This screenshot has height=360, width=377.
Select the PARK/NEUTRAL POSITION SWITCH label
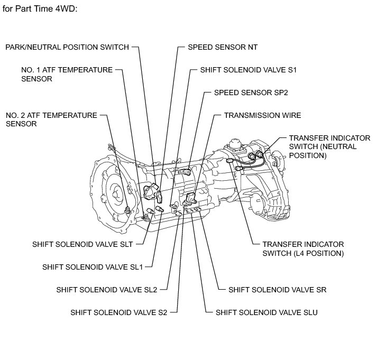tap(67, 47)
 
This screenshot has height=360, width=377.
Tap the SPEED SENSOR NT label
tap(223, 47)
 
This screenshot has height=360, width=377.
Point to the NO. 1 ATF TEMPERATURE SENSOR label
tap(67, 74)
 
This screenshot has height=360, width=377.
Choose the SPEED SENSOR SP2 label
tap(251, 92)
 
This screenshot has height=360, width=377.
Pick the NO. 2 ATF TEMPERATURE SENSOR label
tap(51, 119)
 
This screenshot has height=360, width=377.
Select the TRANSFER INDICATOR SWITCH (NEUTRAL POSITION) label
tap(329, 146)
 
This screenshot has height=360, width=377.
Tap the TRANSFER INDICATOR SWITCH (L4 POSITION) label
tap(304, 248)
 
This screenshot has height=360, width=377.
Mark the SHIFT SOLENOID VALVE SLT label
tap(82, 244)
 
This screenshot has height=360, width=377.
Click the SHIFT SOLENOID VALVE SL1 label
tap(93, 267)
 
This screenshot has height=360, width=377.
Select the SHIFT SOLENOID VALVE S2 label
tap(119, 312)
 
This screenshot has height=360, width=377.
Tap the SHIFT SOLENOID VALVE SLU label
tap(266, 312)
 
